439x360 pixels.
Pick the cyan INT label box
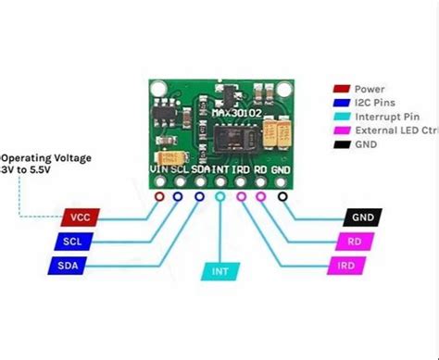[x=219, y=272]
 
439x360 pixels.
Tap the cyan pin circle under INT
[x=219, y=196]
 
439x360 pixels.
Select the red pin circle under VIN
[x=160, y=196]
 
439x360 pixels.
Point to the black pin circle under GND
[x=281, y=196]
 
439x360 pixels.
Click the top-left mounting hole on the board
[x=160, y=93]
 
